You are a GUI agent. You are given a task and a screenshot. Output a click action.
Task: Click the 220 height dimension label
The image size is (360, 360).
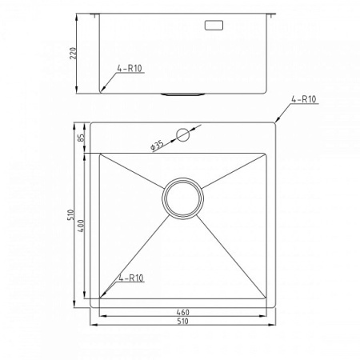pyautogui.click(x=73, y=54)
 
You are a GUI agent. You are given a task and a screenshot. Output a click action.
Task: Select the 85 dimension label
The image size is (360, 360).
pyautogui.click(x=82, y=137)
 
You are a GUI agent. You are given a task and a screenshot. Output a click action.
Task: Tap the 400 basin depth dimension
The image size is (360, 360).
pyautogui.click(x=82, y=226)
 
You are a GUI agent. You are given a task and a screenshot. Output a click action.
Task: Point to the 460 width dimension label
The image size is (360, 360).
pyautogui.click(x=182, y=312)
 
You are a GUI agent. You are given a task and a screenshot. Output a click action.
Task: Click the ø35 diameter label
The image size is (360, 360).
pyautogui.click(x=157, y=146)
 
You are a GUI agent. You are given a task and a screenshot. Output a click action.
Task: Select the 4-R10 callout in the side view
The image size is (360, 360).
pyautogui.click(x=130, y=69)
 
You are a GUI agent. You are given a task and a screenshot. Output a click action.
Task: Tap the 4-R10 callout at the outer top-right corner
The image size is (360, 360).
pyautogui.click(x=303, y=99)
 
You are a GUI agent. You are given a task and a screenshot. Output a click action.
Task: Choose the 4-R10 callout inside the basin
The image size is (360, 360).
pyautogui.click(x=131, y=278)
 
